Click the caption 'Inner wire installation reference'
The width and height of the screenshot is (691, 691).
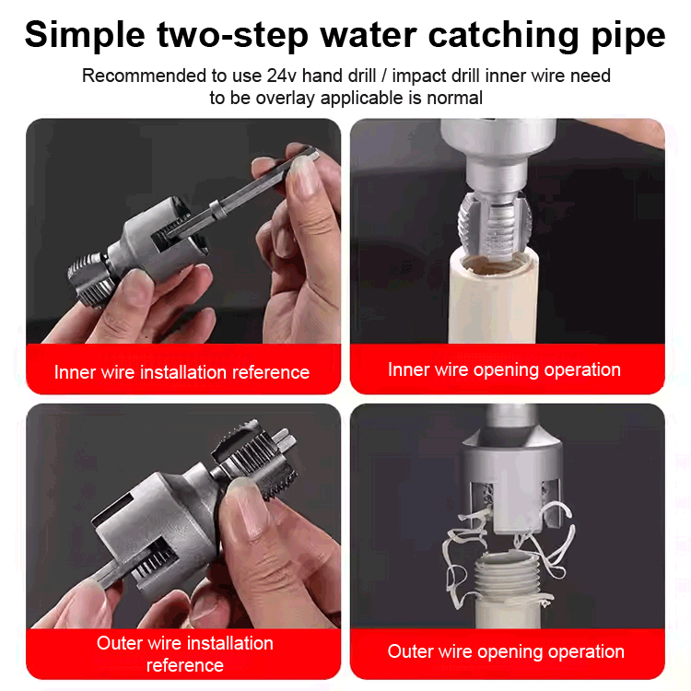[x=182, y=372]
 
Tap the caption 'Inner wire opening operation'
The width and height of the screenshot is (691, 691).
[x=504, y=369]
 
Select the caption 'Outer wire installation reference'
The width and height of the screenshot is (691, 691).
[x=184, y=653]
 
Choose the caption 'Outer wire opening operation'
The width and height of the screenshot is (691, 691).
[x=506, y=651]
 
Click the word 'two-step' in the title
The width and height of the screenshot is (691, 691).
[x=261, y=35]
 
